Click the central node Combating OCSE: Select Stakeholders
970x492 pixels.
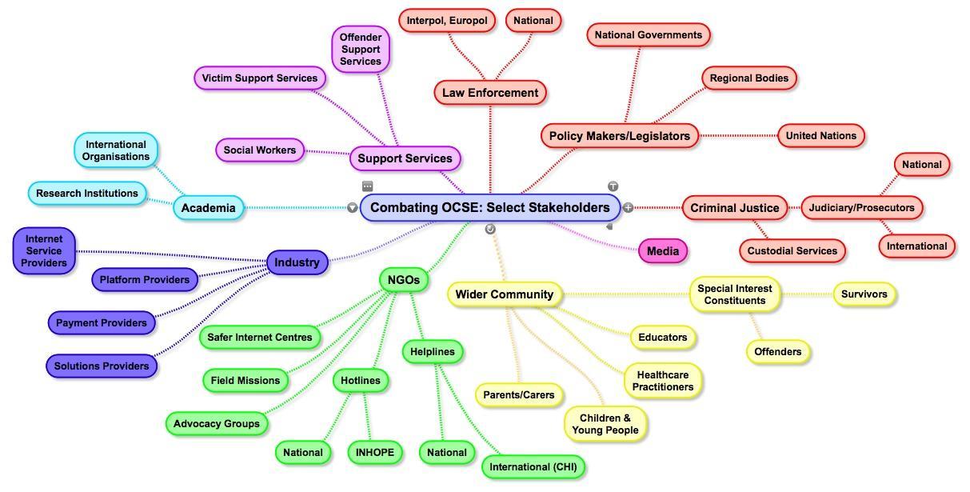tap(489, 208)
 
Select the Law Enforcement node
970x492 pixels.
tap(490, 93)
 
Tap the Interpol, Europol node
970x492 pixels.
tap(446, 21)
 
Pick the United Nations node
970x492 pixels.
tap(820, 136)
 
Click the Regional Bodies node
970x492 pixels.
tap(748, 78)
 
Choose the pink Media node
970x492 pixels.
tap(662, 251)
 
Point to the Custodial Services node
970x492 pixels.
tap(792, 251)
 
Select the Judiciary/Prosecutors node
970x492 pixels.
tap(861, 208)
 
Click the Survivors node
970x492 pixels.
tap(864, 294)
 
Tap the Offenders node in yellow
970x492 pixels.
tap(777, 352)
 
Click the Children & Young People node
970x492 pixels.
tap(605, 424)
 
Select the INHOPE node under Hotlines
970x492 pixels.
tap(374, 453)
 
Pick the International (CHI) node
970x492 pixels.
tap(533, 467)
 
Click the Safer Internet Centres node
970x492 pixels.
tap(259, 338)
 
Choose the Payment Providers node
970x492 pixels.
tap(101, 323)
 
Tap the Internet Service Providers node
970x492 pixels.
tap(43, 251)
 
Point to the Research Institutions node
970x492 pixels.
tap(86, 194)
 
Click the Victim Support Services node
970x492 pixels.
tap(259, 78)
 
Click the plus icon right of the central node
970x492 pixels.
tap(628, 208)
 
